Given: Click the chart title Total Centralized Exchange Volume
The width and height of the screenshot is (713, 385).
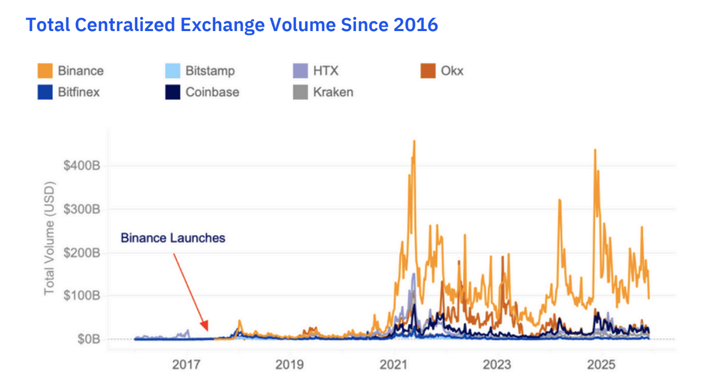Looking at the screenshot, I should click(232, 25).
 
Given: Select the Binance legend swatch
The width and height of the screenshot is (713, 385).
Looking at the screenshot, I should click(45, 71).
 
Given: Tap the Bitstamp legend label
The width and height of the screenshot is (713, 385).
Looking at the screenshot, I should click(210, 71).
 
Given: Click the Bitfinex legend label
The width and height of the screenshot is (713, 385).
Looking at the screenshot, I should click(78, 92).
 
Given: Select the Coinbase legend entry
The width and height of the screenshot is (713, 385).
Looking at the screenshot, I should click(212, 92).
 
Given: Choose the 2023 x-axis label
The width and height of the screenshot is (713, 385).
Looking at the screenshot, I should click(497, 364).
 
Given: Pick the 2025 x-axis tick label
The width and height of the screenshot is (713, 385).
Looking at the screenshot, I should click(601, 364).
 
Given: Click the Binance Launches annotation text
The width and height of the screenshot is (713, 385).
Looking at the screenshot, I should click(173, 238).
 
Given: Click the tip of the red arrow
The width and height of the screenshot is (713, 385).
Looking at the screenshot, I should click(207, 330).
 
